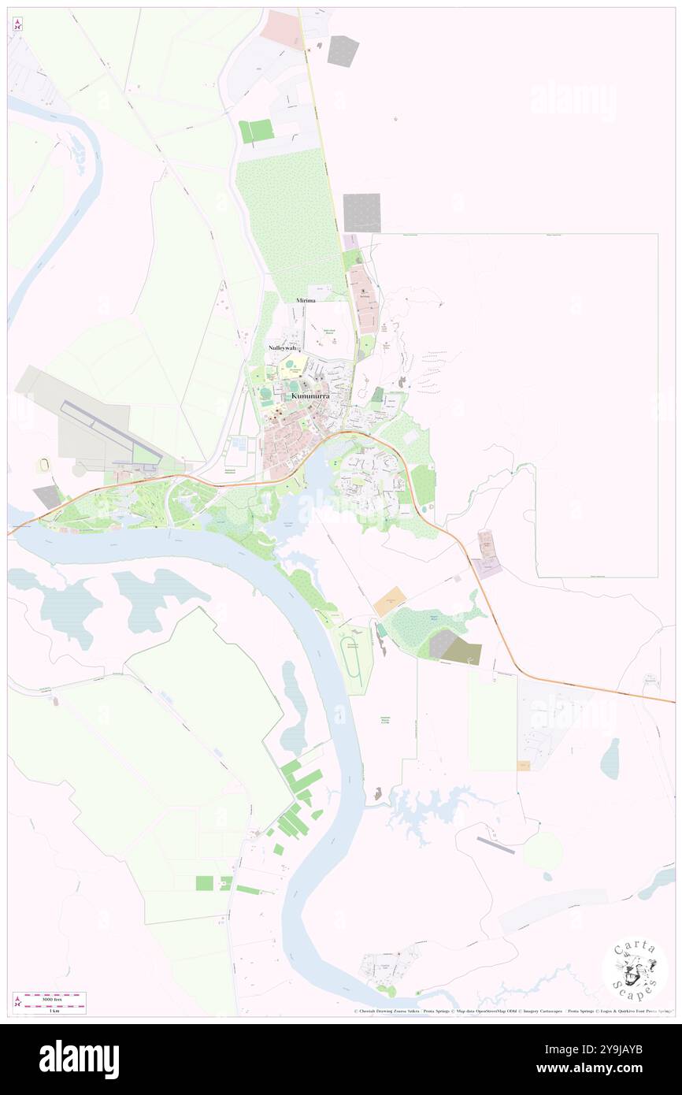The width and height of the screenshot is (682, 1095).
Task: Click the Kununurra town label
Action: (x=309, y=395)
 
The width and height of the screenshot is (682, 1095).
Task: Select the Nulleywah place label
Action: (x=283, y=347)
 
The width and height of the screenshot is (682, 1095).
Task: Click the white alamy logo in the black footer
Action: (x=79, y=1060)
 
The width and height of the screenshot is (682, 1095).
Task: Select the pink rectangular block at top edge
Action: (x=281, y=28)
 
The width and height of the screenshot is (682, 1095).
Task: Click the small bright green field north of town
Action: (x=256, y=131)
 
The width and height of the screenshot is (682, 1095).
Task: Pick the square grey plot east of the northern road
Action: (x=362, y=213)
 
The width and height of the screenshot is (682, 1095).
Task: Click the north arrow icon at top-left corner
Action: (x=17, y=24)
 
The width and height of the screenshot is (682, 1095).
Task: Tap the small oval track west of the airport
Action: (x=41, y=466)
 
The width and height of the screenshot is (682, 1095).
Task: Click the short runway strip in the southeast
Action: (x=495, y=845)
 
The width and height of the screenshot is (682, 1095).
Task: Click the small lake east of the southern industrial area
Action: (x=610, y=759)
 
